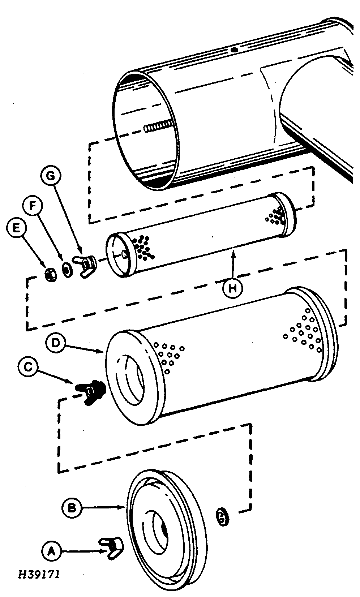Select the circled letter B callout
(x=72, y=508)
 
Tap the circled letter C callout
(x=28, y=367)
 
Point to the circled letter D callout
(x=56, y=343)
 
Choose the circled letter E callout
(x=16, y=228)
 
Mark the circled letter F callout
(x=32, y=206)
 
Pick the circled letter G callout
(x=51, y=176)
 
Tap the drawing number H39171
(x=39, y=574)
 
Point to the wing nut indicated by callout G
(x=86, y=263)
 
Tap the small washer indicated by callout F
(x=67, y=270)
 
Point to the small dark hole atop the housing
(x=234, y=50)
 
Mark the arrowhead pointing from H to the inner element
(x=233, y=250)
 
